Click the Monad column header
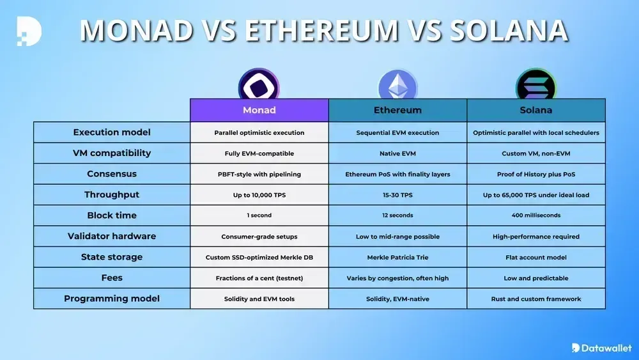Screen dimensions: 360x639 259,110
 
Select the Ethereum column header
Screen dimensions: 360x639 397,110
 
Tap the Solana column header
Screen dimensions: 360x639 536,110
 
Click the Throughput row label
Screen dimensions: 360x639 112,194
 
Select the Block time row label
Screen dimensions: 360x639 112,215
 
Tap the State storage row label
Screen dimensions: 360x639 112,257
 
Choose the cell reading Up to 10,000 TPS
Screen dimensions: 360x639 259,195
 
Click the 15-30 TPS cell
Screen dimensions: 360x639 397,195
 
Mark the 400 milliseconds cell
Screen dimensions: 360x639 536,215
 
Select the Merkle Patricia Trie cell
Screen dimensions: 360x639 397,257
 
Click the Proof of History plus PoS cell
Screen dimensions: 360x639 536,174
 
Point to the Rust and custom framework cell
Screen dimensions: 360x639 536,299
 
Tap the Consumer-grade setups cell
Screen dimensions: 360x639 259,237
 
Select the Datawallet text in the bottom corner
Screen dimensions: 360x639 604,348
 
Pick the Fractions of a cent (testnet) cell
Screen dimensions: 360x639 259,278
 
